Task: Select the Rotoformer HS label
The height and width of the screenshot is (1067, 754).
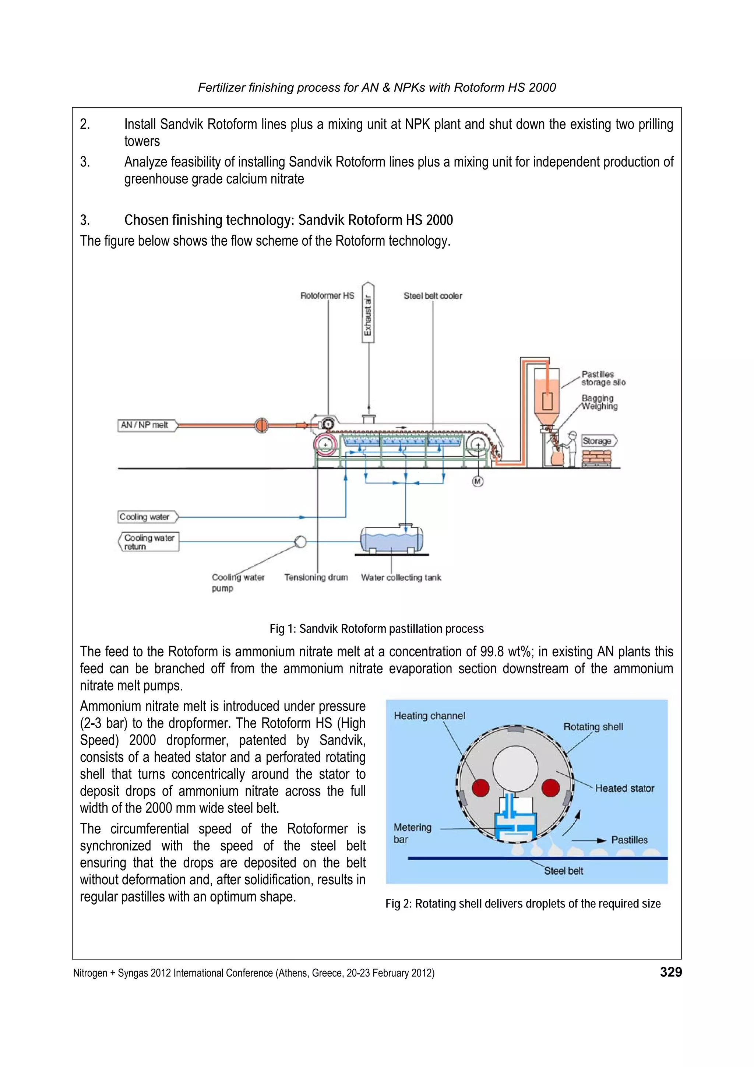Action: [x=327, y=295]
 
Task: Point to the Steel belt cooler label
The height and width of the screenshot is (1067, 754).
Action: [x=433, y=295]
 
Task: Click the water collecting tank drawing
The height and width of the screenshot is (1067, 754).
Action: [x=392, y=540]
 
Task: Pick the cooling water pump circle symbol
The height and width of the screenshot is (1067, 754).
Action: [x=300, y=542]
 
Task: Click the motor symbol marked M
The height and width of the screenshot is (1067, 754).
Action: [x=478, y=481]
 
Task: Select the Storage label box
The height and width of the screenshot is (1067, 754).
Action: [x=598, y=441]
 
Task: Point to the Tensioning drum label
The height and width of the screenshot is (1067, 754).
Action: [x=316, y=578]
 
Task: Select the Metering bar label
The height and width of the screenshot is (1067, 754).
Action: [x=412, y=833]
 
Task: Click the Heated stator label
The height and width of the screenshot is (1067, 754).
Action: [x=624, y=788]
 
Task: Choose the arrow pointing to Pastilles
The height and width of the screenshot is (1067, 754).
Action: [x=589, y=840]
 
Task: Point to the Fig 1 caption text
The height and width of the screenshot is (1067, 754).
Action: [x=376, y=629]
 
